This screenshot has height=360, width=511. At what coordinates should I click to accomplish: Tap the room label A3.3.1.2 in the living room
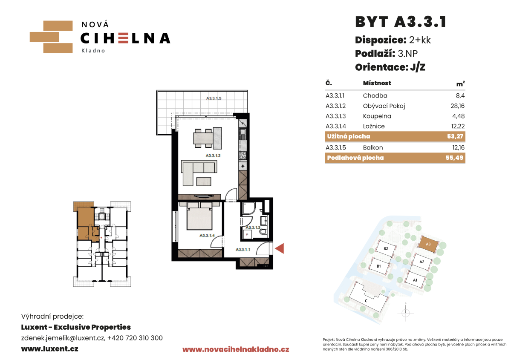click(213, 156)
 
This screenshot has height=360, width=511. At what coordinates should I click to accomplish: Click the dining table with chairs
click(208, 138)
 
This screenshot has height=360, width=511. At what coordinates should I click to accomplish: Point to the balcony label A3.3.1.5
click(214, 98)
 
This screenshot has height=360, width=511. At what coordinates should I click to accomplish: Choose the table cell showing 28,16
click(458, 106)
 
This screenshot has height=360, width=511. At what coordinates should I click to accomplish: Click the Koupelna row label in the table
click(377, 116)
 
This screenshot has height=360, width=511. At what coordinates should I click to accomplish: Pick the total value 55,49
click(454, 158)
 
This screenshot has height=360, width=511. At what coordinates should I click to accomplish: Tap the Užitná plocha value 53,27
click(455, 136)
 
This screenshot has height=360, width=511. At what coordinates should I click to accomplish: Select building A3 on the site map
click(428, 244)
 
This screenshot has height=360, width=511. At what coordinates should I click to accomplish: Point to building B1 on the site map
click(379, 266)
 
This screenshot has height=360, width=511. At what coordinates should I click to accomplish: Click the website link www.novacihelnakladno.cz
click(236, 349)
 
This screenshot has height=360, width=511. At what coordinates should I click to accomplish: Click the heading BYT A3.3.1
click(400, 22)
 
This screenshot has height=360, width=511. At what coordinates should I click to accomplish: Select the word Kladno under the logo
click(93, 51)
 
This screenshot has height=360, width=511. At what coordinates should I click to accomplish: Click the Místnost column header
click(377, 83)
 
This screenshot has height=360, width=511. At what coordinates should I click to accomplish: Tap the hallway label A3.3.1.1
click(243, 250)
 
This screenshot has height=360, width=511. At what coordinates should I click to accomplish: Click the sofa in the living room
click(198, 173)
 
